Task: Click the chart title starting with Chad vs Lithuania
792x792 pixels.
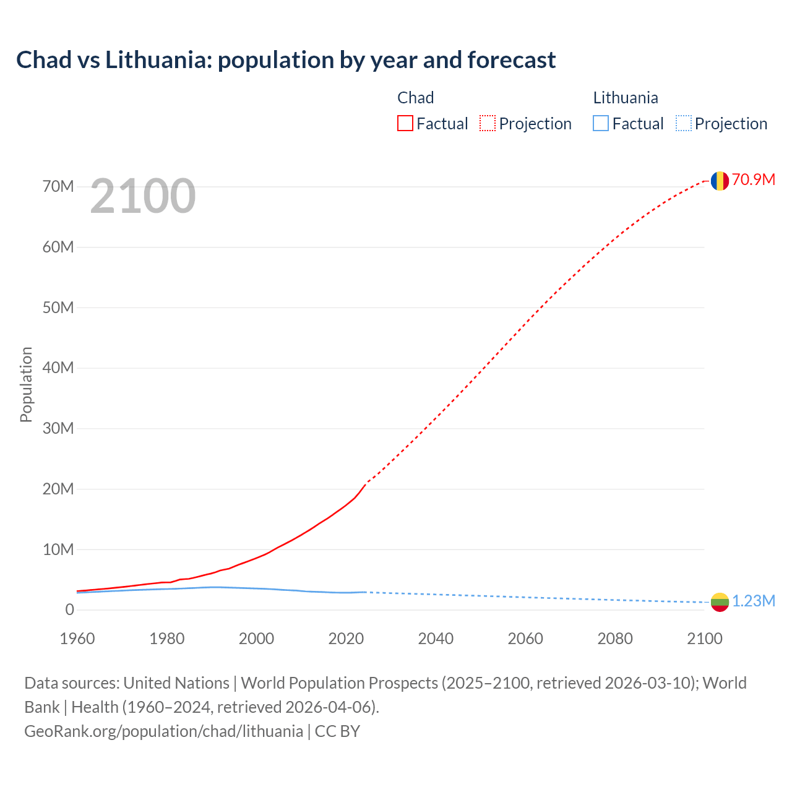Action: click(286, 60)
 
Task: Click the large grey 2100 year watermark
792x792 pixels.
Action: click(143, 196)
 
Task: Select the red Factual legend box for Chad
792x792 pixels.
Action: click(405, 124)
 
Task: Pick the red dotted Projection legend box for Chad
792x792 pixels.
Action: click(488, 124)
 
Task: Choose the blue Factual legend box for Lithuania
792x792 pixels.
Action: click(601, 124)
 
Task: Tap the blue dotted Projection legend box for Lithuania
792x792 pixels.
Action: click(684, 124)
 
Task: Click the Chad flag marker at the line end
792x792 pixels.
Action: click(720, 181)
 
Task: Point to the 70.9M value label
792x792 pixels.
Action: click(753, 179)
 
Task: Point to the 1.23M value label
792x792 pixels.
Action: click(754, 601)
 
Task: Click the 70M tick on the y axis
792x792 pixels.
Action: click(58, 186)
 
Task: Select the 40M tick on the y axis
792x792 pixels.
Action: click(58, 368)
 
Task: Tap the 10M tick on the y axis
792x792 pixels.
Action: click(58, 549)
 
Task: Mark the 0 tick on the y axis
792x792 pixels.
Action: click(69, 609)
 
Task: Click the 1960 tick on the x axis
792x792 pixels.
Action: click(77, 639)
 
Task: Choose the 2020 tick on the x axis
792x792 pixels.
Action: click(346, 639)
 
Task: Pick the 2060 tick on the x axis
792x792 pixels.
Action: click(525, 639)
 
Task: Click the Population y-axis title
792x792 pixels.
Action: click(26, 384)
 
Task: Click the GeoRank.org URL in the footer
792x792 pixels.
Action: click(164, 731)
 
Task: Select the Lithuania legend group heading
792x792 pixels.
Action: click(626, 98)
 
